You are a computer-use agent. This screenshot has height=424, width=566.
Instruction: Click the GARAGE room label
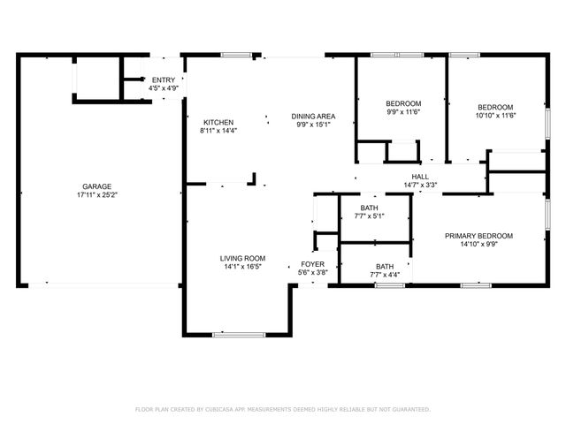pos(96,186)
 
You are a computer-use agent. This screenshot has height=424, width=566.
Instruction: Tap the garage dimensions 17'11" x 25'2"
pos(96,195)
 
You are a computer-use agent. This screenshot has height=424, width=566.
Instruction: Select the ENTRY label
pos(164,80)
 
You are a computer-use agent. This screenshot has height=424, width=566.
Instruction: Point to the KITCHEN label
pos(218,122)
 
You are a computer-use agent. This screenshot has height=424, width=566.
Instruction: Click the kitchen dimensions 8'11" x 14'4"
pos(218,131)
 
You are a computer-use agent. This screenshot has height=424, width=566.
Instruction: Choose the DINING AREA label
pos(313,116)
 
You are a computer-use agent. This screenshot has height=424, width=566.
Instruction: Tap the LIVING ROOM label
pos(241,258)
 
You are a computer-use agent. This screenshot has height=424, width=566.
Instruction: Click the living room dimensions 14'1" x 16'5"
pos(241,267)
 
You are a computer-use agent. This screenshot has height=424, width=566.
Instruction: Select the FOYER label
pos(313,264)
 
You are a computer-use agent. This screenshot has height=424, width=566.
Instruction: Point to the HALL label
pos(420,176)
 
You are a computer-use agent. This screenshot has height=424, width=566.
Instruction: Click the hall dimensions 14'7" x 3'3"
pos(420,185)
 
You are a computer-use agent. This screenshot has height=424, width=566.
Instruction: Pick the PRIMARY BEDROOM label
pos(478,236)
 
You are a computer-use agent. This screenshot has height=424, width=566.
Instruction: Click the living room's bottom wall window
pos(240,334)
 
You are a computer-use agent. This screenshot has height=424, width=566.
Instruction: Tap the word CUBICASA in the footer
pos(226,410)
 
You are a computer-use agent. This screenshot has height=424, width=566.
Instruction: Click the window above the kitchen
pos(235,56)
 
